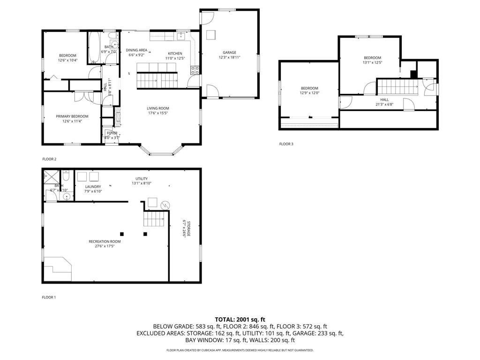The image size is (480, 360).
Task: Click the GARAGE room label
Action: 230,52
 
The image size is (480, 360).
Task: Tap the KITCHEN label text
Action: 175,53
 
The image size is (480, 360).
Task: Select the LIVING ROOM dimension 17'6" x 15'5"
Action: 157,113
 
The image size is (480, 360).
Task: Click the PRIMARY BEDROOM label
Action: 72,116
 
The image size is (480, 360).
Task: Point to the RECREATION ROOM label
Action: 105,241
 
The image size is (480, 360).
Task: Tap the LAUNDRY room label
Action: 93,187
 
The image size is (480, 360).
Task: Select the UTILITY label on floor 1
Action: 142,179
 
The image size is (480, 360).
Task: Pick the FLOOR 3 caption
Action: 286,144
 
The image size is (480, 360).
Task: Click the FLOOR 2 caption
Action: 49,159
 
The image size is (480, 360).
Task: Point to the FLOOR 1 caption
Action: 49,297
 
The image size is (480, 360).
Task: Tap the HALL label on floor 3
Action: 384,99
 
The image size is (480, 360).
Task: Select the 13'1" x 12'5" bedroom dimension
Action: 372,62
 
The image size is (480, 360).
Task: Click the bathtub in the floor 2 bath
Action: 93,48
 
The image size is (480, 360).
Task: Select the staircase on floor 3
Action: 397,87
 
